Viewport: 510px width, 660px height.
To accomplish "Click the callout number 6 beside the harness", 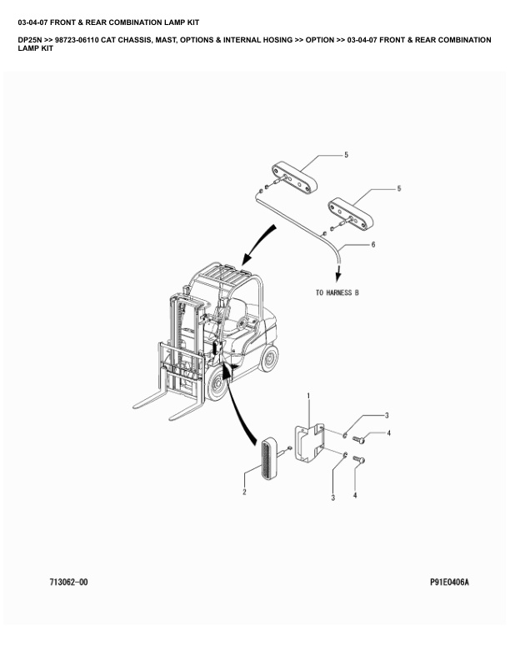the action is pos(372,244).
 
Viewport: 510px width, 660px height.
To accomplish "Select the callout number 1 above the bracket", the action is pos(308,396).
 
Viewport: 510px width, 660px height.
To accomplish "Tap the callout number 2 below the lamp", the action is pos(244,492).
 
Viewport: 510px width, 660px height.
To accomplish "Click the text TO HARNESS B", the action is pos(337,292).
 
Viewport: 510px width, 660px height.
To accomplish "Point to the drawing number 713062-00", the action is pos(68,582).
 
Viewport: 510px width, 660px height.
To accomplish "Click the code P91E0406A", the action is pos(449,582).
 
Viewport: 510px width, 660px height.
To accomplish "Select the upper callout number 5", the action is pos(347,155).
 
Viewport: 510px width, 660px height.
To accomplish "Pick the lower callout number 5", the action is pos(399,188).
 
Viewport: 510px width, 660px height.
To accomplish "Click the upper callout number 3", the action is pos(387,416).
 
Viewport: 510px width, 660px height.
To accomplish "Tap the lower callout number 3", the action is pos(333,498).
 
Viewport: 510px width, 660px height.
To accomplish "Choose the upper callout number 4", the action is pos(389,432).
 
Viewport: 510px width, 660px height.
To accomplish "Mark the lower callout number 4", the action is pos(355,496).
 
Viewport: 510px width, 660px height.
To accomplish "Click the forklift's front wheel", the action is pos(217,384).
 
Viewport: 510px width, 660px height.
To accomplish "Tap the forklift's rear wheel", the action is pos(269,358).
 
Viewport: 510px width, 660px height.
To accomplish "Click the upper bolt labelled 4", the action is pos(358,440).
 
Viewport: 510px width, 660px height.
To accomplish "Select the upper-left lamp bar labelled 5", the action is pos(293,178).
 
